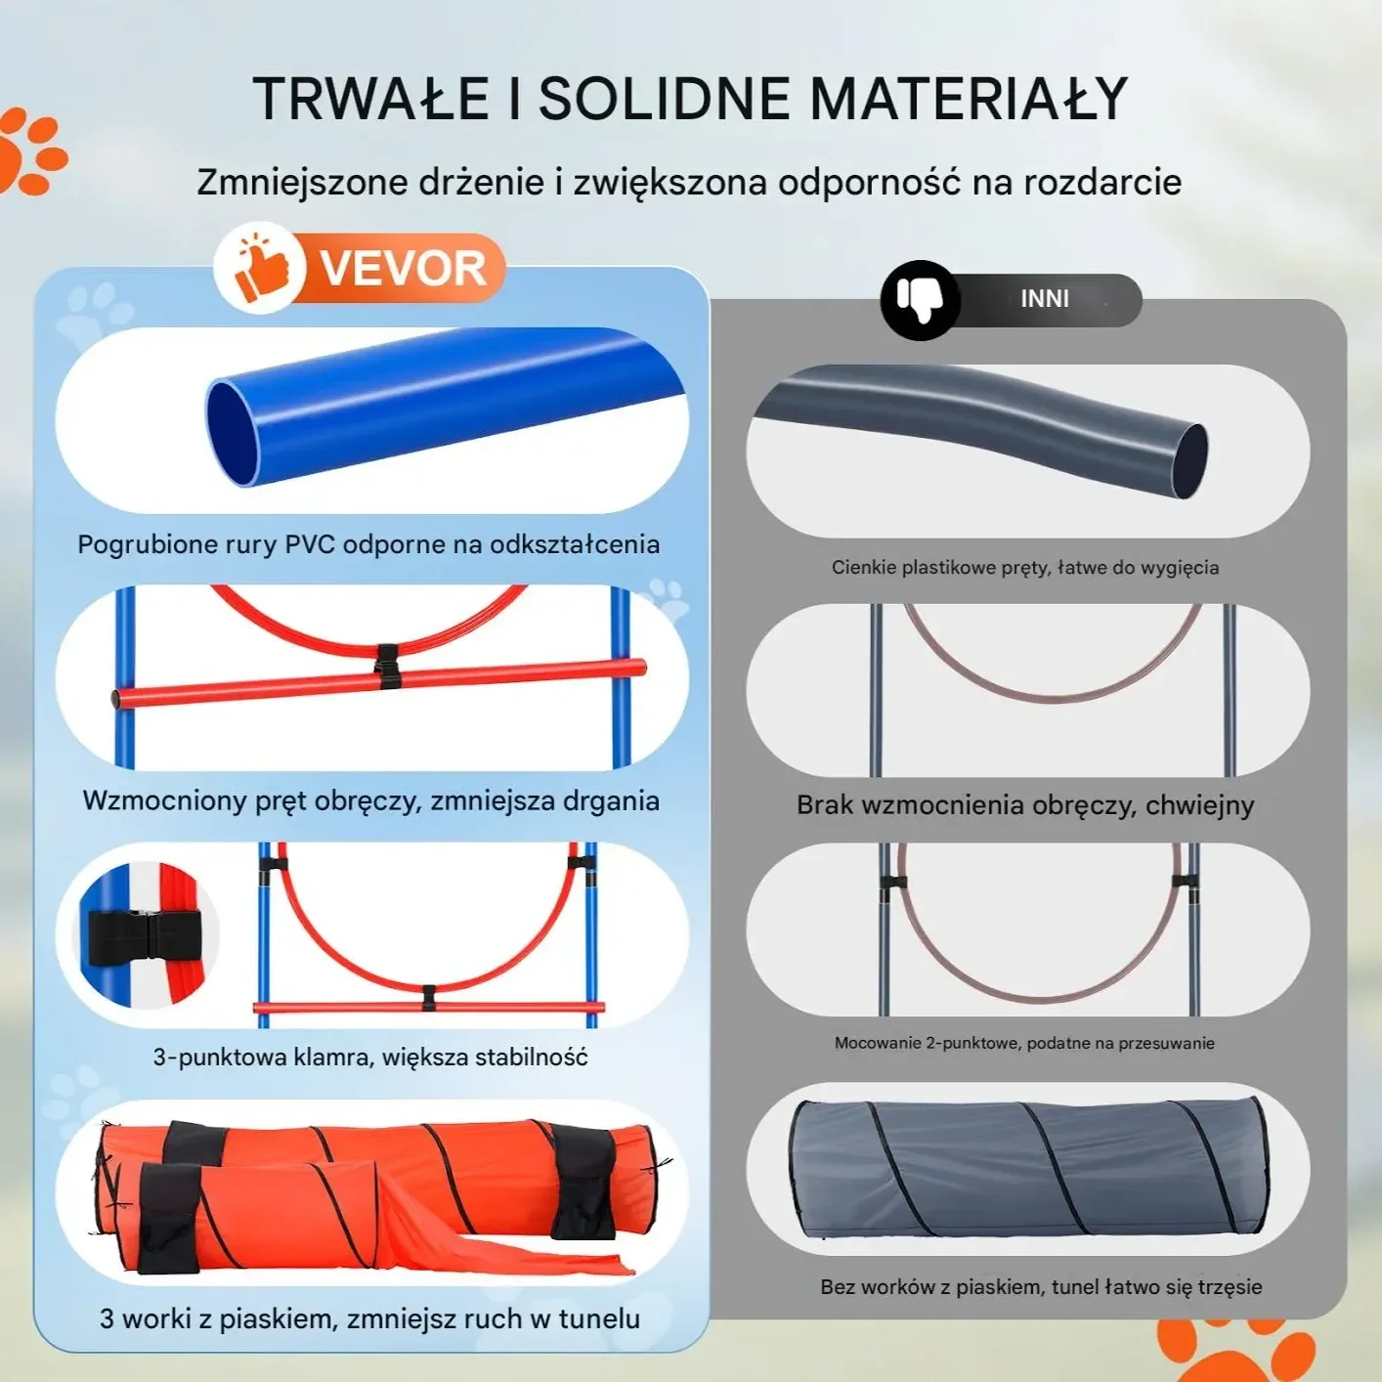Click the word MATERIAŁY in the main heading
tap(969, 99)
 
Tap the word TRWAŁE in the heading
tap(370, 99)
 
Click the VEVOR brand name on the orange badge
tap(403, 268)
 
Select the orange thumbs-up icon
tap(262, 270)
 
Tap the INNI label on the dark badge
tap(1045, 299)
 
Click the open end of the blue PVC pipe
tap(233, 433)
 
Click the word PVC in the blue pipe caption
tap(310, 544)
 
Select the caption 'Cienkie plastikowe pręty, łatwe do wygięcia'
tap(1025, 567)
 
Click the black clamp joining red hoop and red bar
tap(387, 667)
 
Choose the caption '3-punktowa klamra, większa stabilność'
tap(370, 1057)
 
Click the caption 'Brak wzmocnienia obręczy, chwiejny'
tap(1025, 804)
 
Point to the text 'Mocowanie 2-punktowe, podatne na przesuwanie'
tap(1024, 1043)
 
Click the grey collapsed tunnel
tap(1029, 1168)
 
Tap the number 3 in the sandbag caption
tap(107, 1318)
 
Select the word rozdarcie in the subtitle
tap(1102, 182)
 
